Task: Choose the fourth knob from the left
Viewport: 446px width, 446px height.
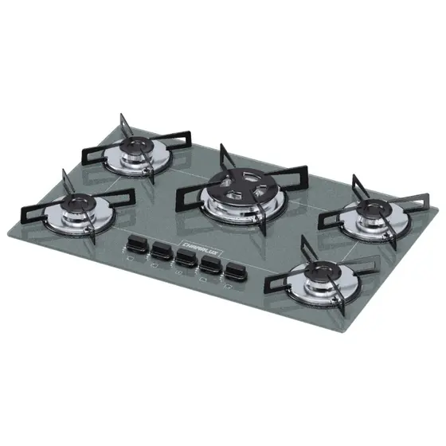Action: [x=210, y=264]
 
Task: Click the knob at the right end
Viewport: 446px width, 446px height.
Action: [x=235, y=272]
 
